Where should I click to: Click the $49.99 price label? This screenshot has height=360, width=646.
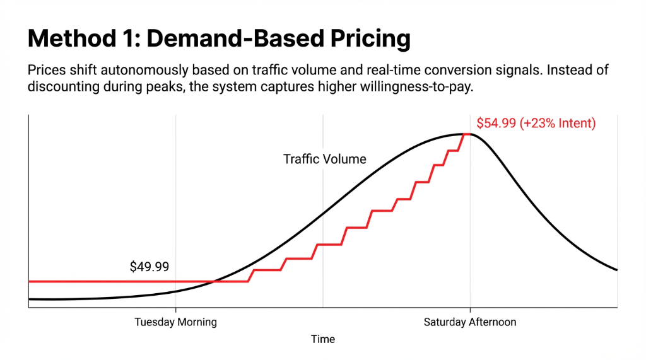149,267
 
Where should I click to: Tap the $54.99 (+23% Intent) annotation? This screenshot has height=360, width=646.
536,123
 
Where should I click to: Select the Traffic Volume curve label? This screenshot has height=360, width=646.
324,159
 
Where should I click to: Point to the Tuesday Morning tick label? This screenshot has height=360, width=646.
175,322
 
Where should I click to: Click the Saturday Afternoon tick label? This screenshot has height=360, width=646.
469,322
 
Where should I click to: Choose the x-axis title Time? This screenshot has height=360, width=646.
322,339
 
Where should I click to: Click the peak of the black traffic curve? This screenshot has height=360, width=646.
467,134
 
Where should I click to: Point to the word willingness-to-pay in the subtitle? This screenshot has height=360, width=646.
413,86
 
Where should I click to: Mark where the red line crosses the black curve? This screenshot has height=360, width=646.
214,281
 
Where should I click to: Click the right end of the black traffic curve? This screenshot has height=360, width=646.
616,270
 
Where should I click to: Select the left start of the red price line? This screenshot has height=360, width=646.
30,281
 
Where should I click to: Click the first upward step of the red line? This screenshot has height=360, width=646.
250,276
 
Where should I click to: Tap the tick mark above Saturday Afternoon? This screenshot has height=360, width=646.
469,310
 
